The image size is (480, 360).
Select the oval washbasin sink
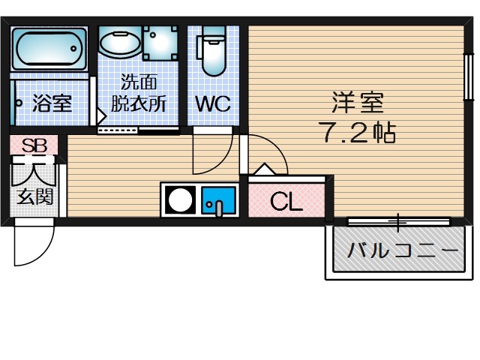click(119, 43)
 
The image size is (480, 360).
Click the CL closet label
click(286, 201)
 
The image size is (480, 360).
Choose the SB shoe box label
click(33, 146)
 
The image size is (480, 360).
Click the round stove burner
click(180, 200)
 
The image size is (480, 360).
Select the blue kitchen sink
click(217, 200)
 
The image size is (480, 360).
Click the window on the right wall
click(468, 77)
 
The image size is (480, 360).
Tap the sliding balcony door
click(398, 221)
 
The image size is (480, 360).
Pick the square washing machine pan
click(160, 43)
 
